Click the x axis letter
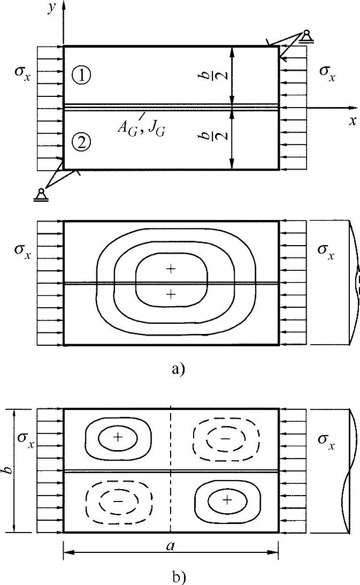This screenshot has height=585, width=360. (353, 121)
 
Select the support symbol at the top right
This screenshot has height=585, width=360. (307, 36)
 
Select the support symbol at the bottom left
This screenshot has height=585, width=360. (40, 194)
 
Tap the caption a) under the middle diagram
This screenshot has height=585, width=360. (179, 369)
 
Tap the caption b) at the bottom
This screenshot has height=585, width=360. (179, 576)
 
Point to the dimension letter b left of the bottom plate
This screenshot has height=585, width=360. (7, 471)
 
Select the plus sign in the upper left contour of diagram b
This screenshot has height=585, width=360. (118, 437)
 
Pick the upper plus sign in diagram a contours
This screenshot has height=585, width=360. (171, 269)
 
